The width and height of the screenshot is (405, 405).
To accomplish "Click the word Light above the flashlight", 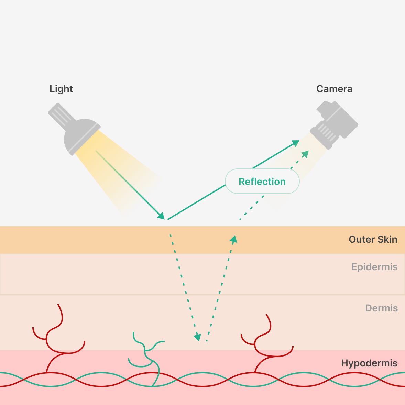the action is click(x=61, y=89).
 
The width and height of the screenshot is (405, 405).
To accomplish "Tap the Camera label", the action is click(x=334, y=89).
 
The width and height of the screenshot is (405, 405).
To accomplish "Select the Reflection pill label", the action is click(x=262, y=181).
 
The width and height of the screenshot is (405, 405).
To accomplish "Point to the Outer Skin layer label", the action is click(x=373, y=239).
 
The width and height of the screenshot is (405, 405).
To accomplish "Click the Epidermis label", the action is click(x=374, y=267).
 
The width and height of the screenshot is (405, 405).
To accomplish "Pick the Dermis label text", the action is click(x=382, y=308).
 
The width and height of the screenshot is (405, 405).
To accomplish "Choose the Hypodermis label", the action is click(x=369, y=363).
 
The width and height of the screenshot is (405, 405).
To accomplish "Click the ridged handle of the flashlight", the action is click(x=62, y=116).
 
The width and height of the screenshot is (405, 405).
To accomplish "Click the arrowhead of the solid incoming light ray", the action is click(x=162, y=216).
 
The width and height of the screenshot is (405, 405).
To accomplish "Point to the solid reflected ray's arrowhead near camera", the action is click(x=296, y=143).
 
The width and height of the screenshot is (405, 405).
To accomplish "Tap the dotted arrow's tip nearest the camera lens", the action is click(x=306, y=154).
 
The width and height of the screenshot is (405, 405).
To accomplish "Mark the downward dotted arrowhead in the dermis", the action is click(x=198, y=337).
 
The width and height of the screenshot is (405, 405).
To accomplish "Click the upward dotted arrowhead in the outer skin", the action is click(x=234, y=239).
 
